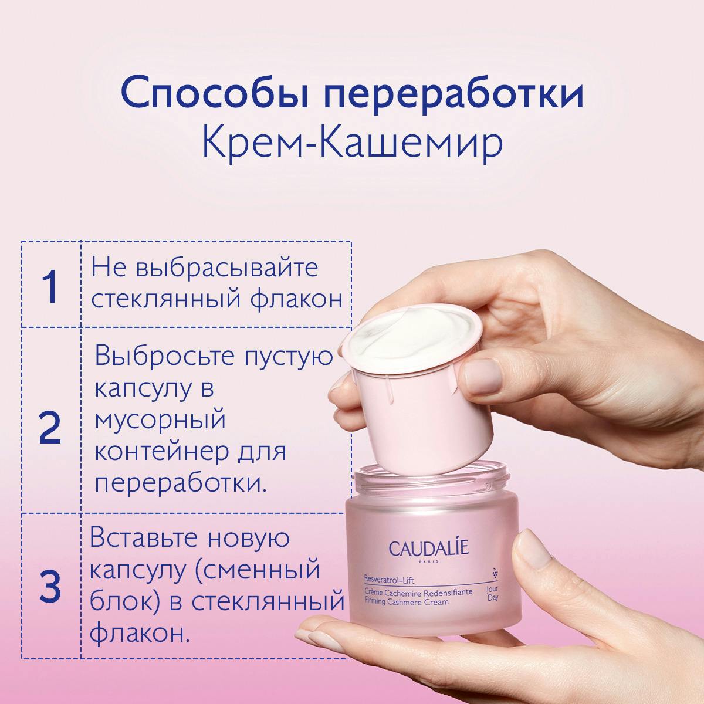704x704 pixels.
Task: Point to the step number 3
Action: point(50,586)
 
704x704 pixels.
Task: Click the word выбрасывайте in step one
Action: point(227,268)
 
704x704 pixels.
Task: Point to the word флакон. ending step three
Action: point(140,634)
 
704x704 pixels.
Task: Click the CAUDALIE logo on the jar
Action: point(429,549)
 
